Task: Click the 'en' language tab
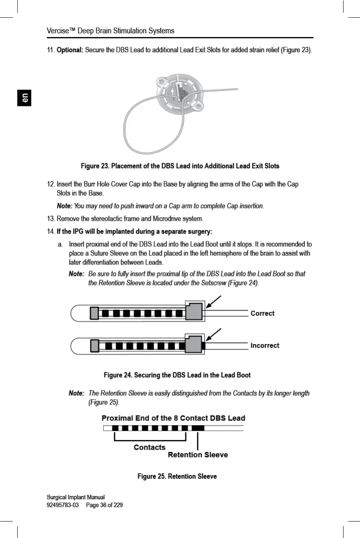click(24, 99)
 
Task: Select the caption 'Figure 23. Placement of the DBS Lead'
click(180, 166)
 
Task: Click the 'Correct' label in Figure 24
click(263, 313)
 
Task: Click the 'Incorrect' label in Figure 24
click(265, 346)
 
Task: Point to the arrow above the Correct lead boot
click(214, 301)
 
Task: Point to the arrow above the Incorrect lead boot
click(214, 334)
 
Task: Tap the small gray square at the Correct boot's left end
click(95, 313)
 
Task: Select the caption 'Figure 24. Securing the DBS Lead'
click(177, 375)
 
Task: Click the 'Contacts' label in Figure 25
click(150, 448)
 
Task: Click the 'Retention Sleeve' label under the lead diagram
click(198, 455)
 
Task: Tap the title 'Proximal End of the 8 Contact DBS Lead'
click(173, 418)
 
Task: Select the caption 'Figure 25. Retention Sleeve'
click(177, 476)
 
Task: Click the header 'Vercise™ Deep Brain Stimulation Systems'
click(110, 31)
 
